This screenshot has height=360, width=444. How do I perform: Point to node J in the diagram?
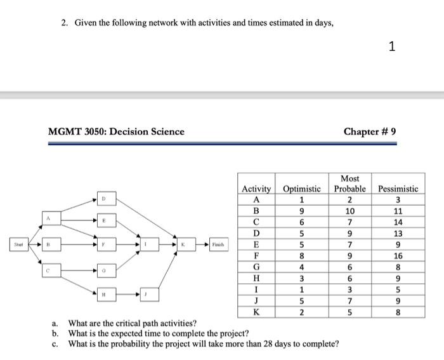(147, 295)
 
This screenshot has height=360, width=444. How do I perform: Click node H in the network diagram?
(103, 295)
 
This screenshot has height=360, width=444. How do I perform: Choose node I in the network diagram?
(147, 244)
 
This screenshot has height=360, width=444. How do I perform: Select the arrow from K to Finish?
(200, 244)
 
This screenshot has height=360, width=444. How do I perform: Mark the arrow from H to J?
(125, 295)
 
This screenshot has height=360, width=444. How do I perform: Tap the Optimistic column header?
(301, 189)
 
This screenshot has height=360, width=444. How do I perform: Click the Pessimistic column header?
(398, 189)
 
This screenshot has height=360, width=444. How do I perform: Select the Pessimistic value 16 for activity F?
(398, 257)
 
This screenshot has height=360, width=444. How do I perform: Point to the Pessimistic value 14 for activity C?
(398, 222)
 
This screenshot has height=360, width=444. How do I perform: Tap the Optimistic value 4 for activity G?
(301, 267)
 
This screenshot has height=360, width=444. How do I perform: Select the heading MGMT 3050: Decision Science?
(116, 131)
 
